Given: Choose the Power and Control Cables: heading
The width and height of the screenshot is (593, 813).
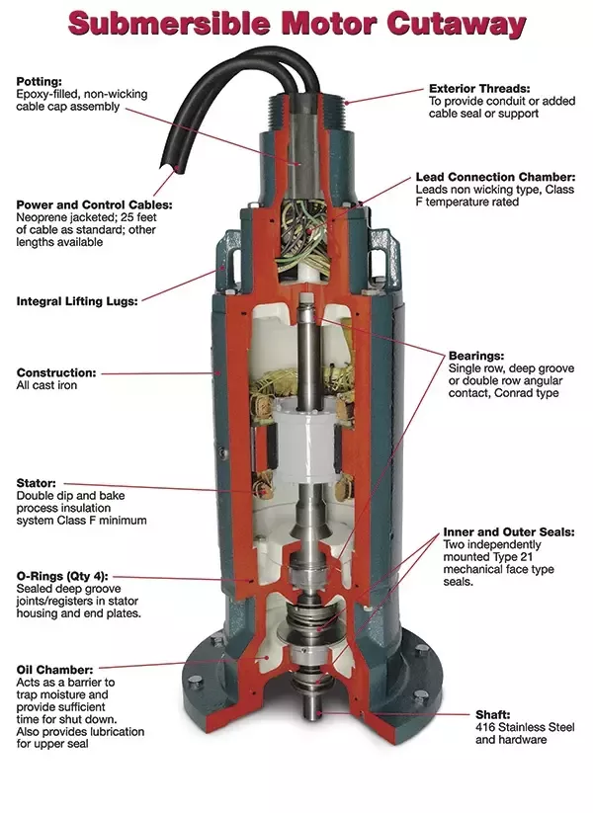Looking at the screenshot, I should point(93,205).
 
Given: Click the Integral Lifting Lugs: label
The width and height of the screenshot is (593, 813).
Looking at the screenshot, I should point(77,300).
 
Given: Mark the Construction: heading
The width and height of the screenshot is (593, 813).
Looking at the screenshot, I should point(56,373).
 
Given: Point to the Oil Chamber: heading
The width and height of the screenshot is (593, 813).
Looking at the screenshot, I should point(55,670).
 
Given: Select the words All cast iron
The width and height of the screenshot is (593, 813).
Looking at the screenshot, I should point(46,386).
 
